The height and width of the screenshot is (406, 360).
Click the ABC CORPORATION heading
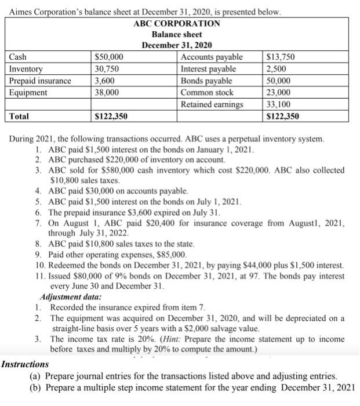click(177, 23)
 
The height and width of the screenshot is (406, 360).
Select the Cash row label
click(20, 57)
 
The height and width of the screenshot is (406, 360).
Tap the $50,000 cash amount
click(109, 57)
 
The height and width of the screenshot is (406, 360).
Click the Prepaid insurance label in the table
click(40, 81)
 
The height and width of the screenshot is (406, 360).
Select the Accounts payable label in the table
click(212, 57)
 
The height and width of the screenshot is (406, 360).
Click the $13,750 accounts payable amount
click(280, 57)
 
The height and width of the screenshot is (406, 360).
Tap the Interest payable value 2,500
click(275, 69)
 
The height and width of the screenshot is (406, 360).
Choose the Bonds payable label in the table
click(206, 81)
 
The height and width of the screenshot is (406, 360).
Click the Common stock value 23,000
click(278, 92)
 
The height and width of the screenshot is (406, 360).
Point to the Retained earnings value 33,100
click(278, 104)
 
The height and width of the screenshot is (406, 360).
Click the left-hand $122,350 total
click(111, 117)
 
